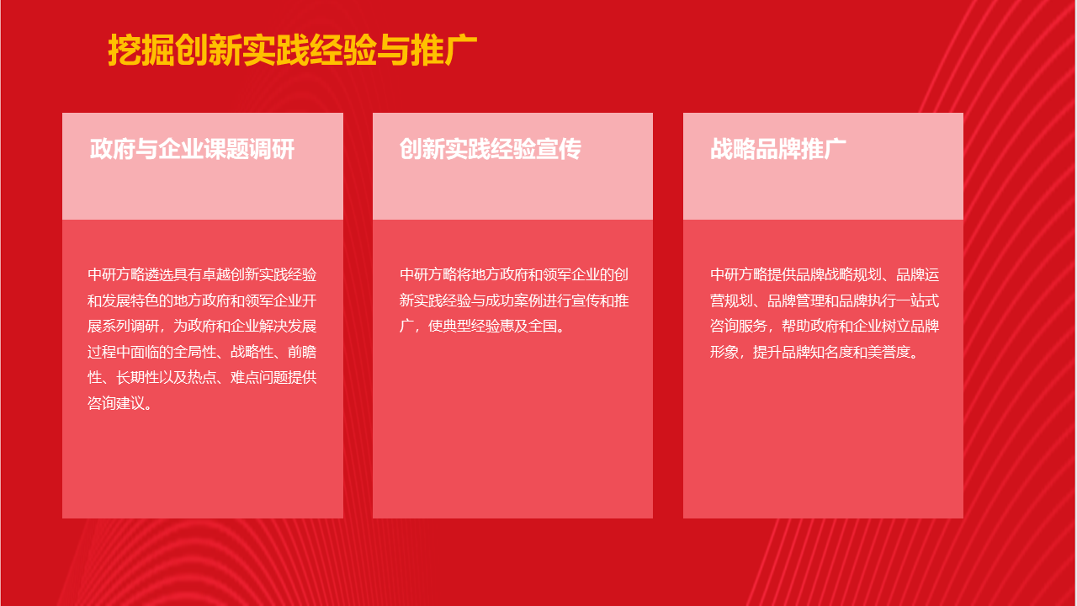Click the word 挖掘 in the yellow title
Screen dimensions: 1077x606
(x=141, y=50)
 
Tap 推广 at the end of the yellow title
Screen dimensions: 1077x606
(x=443, y=50)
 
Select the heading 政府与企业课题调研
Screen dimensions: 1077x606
(x=192, y=149)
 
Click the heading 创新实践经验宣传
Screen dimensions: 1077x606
(x=491, y=149)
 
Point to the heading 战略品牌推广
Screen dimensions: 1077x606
(x=778, y=149)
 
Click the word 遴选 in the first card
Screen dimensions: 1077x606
(x=159, y=274)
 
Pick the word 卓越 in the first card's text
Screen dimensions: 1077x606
(x=216, y=274)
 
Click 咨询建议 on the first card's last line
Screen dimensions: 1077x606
(x=116, y=403)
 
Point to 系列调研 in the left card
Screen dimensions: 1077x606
(x=130, y=326)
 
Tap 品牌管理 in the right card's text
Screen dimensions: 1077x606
(x=796, y=300)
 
